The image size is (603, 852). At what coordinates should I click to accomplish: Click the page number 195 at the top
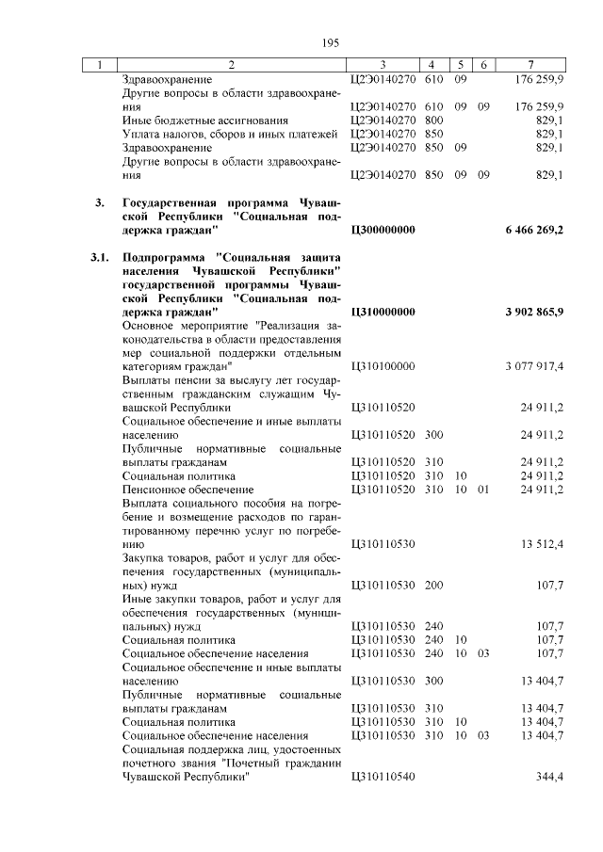pos(330,43)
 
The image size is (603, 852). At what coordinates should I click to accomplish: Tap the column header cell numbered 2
pos(232,65)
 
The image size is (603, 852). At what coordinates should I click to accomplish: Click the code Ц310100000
pos(382,365)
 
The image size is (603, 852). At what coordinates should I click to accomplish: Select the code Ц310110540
pos(382,777)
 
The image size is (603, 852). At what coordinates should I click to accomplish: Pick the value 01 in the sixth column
pos(483,490)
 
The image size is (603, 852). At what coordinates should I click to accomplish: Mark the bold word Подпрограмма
pos(164,256)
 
